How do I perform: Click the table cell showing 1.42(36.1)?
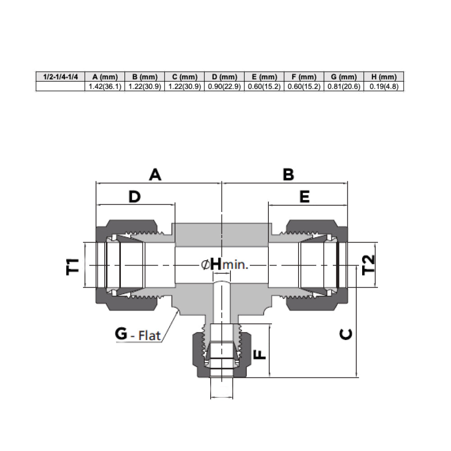pos(105,86)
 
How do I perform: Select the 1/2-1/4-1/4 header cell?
pos(60,77)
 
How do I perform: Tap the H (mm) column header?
pos(384,77)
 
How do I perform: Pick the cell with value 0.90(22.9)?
pos(224,86)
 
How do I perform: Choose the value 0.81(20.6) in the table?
pos(344,86)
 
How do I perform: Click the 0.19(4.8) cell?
pos(384,86)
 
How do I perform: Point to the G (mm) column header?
pos(344,77)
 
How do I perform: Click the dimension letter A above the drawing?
pos(155,175)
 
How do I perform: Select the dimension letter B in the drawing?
pos(288,175)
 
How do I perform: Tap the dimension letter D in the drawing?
pos(134,197)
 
